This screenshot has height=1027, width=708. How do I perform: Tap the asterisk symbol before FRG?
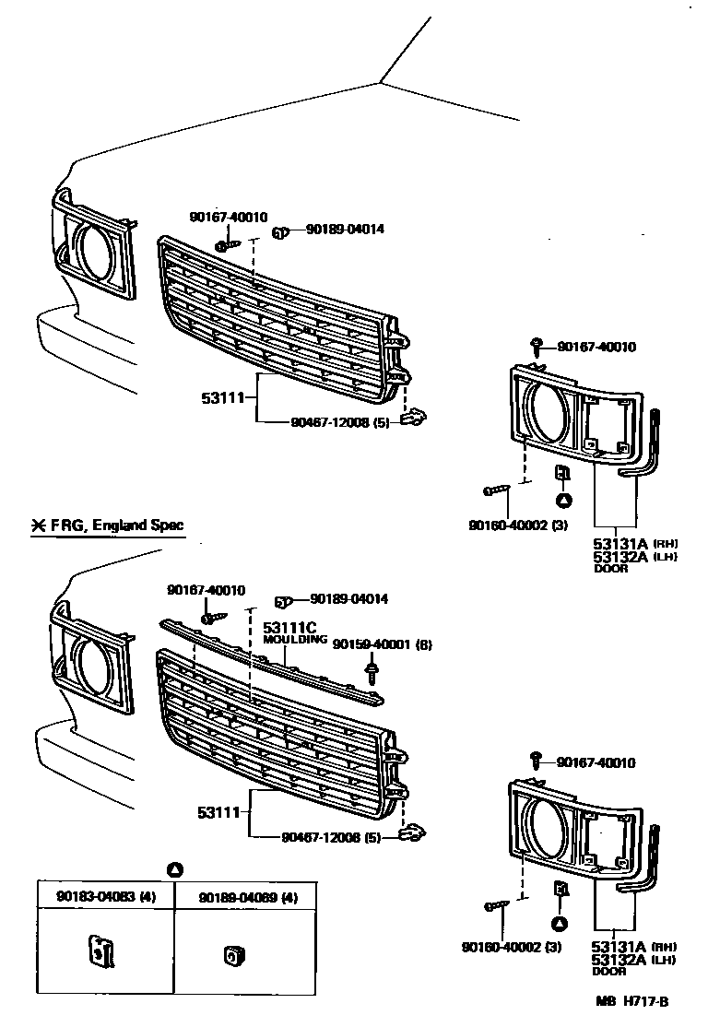click(x=39, y=526)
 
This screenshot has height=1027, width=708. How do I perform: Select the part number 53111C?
click(x=290, y=627)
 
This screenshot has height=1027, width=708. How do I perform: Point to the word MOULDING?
click(x=295, y=639)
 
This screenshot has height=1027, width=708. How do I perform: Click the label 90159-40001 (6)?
click(x=382, y=643)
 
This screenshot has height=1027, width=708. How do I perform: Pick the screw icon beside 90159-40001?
click(x=372, y=670)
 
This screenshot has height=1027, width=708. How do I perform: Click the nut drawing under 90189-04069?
click(x=231, y=956)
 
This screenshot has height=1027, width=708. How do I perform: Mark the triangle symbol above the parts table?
click(x=176, y=869)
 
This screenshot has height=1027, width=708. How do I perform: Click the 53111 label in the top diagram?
click(x=222, y=398)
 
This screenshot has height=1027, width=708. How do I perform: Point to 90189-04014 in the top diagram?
click(x=345, y=229)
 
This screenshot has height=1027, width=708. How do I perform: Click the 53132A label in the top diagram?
click(x=619, y=557)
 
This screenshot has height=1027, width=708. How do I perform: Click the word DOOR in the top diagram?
click(x=610, y=569)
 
